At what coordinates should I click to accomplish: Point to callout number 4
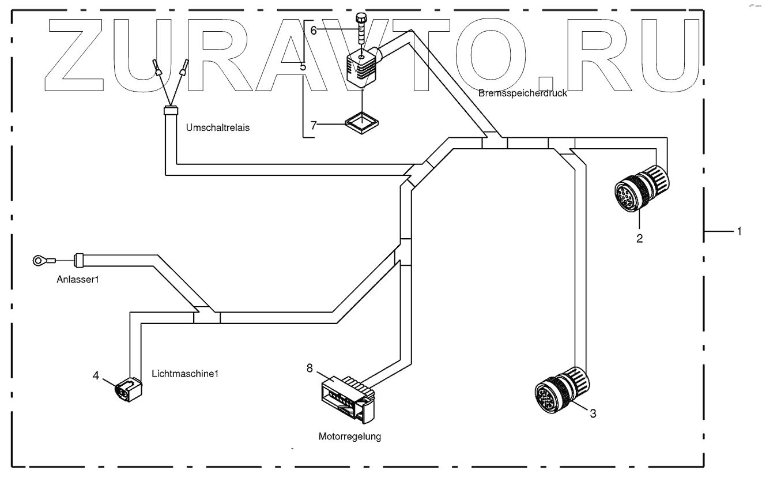coord(96,376)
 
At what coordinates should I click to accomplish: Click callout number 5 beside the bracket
coord(303,66)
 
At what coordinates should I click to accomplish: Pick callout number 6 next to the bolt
coord(314,31)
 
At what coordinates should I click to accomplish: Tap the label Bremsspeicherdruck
coord(523,93)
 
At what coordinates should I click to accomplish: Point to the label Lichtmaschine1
coord(186,373)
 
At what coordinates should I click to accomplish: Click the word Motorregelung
coord(350,437)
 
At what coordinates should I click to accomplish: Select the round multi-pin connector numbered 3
coord(560,390)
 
